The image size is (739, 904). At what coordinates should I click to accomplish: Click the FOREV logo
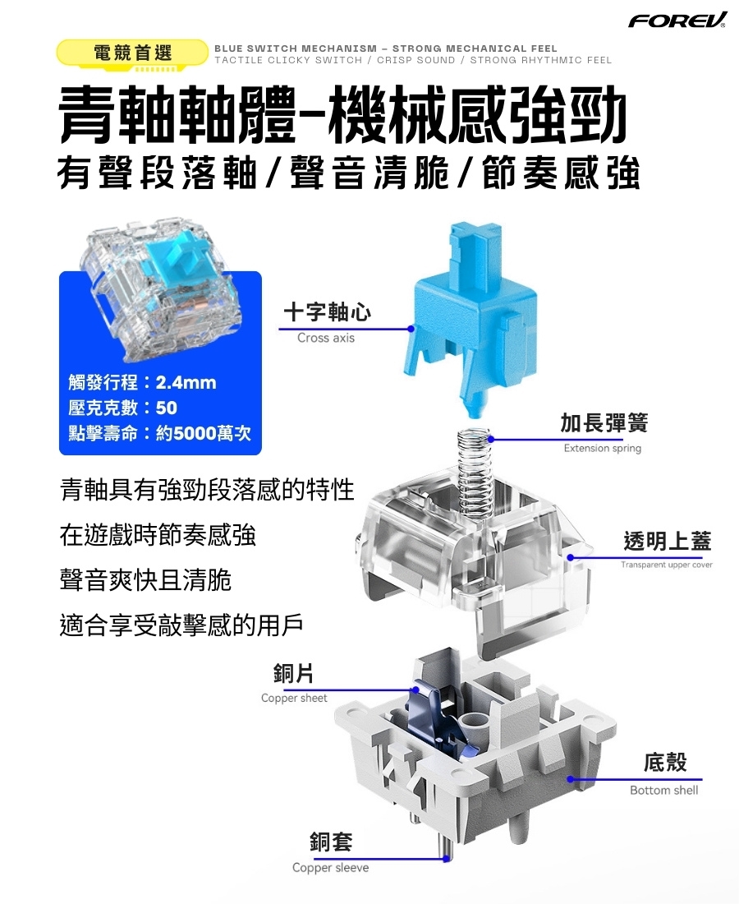click(x=677, y=20)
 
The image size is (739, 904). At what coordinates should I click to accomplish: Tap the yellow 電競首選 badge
click(x=132, y=53)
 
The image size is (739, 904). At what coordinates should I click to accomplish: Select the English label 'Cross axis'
click(x=326, y=338)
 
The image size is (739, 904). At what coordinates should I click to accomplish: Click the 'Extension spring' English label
click(x=603, y=448)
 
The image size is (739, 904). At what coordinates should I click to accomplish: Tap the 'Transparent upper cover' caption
click(x=667, y=565)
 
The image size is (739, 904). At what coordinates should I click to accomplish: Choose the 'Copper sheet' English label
click(x=294, y=699)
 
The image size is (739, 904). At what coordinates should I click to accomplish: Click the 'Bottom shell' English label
click(x=663, y=791)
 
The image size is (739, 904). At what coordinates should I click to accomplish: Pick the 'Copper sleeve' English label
click(x=331, y=868)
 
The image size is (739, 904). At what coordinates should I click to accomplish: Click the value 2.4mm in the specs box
click(x=186, y=382)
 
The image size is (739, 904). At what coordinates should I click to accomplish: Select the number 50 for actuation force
click(x=167, y=408)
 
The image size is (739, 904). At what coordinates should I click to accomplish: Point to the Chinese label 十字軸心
click(x=327, y=312)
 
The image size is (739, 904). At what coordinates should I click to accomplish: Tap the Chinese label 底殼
click(x=665, y=762)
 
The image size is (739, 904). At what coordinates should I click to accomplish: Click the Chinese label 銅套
click(x=331, y=842)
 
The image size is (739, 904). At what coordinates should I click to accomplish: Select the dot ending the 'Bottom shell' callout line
click(x=570, y=779)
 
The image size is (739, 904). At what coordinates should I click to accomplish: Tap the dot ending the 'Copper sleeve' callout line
click(x=447, y=859)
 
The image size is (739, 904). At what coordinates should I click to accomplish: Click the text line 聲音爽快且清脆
click(x=145, y=580)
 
